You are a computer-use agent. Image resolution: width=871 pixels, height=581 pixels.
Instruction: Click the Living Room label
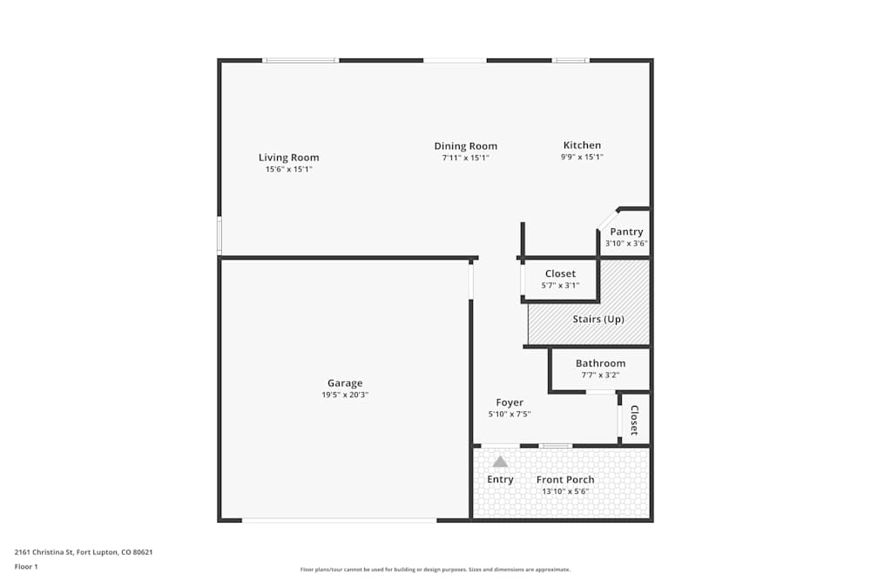(x=288, y=158)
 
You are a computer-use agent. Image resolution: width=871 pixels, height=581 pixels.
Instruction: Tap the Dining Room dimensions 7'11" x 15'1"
(x=466, y=159)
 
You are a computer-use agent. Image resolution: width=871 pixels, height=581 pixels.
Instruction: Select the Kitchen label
(x=582, y=145)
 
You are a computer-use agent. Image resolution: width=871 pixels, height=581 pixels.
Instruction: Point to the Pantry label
(x=626, y=232)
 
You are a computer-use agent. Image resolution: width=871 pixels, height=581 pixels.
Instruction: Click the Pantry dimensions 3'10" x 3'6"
(x=626, y=244)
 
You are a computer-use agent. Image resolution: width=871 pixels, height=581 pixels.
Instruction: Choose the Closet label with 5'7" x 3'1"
(x=560, y=274)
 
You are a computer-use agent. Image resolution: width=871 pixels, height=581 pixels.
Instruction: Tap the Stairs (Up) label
(x=598, y=320)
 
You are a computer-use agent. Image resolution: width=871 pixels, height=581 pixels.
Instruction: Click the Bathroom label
(x=600, y=363)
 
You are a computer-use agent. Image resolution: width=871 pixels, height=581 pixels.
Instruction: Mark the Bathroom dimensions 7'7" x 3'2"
(x=600, y=375)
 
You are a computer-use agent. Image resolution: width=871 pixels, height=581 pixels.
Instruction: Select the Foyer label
(x=510, y=402)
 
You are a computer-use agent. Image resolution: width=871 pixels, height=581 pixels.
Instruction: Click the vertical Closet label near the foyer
(x=634, y=420)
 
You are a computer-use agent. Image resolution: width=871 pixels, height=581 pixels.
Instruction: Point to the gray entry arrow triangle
(x=500, y=462)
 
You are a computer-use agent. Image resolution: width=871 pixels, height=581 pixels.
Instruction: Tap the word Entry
(x=500, y=480)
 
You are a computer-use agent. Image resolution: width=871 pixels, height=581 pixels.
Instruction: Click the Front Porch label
(x=565, y=480)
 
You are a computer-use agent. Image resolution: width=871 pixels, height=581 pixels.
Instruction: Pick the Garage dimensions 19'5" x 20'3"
(x=345, y=395)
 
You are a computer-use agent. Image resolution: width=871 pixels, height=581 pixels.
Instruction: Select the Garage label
(x=345, y=383)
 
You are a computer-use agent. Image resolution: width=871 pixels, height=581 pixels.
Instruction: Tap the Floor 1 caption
(x=26, y=567)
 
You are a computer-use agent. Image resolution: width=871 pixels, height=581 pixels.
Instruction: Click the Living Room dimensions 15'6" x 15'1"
(x=288, y=170)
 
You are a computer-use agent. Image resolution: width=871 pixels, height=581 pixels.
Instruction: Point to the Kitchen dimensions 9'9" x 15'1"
(x=582, y=158)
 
